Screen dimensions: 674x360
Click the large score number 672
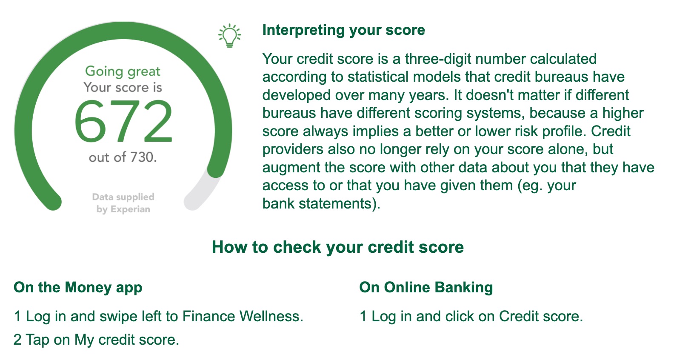[123, 121]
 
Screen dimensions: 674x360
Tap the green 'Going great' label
[123, 71]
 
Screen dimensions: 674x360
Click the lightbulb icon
[230, 35]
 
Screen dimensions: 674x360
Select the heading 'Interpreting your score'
[344, 30]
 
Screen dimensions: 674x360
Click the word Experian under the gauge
[130, 209]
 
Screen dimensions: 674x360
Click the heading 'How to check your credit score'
[338, 247]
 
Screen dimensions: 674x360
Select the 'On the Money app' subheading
[78, 288]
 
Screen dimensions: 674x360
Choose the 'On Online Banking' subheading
[426, 288]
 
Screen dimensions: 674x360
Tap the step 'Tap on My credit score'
[102, 340]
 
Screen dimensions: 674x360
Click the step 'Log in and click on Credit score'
[477, 316]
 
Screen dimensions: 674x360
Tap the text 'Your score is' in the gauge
[123, 88]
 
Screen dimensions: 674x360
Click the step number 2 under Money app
[17, 340]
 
